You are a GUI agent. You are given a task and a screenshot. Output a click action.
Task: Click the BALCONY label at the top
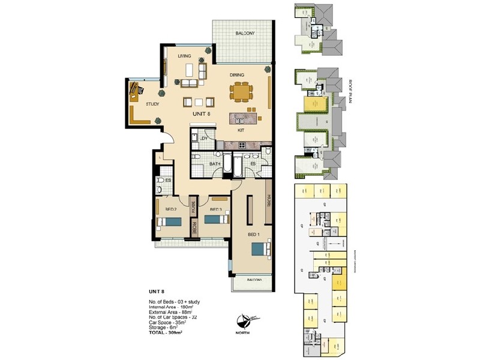[245, 33]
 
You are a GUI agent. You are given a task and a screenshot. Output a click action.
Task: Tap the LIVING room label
[184, 56]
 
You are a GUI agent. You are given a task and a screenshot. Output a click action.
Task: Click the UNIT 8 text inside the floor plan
[201, 114]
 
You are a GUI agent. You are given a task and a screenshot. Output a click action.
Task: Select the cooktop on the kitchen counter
[242, 145]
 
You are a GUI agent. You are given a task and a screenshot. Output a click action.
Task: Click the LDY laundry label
[204, 139]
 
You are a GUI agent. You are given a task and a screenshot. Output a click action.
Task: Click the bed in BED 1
[260, 248]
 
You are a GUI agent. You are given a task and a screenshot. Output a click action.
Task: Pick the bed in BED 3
[214, 220]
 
